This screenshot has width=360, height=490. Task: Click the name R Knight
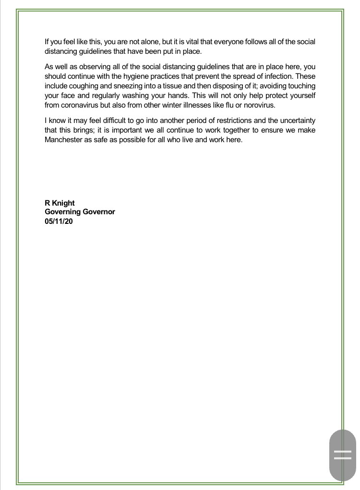pyautogui.click(x=60, y=203)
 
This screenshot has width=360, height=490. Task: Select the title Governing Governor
pyautogui.click(x=80, y=211)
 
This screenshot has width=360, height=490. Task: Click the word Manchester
pyautogui.click(x=64, y=140)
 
